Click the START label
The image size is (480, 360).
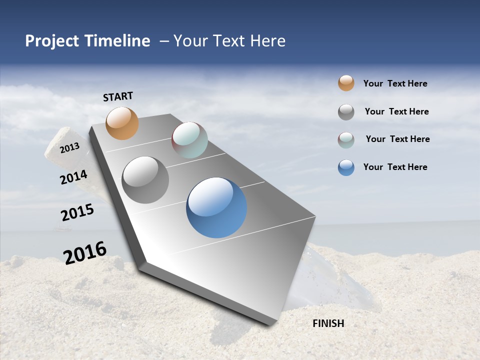click(118, 96)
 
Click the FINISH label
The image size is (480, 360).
click(328, 323)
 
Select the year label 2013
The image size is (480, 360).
click(70, 148)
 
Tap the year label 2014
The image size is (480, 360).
click(74, 177)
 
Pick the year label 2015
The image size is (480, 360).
click(77, 212)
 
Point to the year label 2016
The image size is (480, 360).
click(85, 252)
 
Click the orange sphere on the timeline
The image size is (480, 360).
click(122, 123)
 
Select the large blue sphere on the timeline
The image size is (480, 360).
click(216, 207)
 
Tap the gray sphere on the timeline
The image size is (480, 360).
click(145, 180)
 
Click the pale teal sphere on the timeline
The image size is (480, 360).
click(189, 140)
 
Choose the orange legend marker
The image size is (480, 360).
click(346, 83)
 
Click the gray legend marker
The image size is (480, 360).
click(346, 112)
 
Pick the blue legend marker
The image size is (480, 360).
click(346, 167)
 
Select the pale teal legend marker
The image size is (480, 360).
click(346, 140)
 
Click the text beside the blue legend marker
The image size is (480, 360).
click(395, 167)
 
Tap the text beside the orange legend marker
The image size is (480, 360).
click(395, 83)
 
